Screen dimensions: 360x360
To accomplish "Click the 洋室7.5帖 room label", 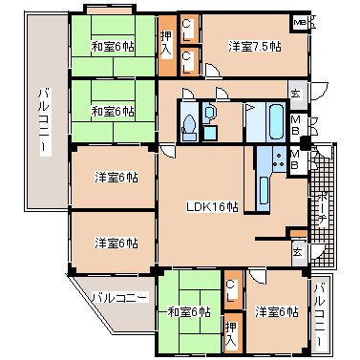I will coord(252,46).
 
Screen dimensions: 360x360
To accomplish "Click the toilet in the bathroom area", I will coord(189,124).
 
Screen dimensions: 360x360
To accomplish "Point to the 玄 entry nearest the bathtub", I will coord(295,93).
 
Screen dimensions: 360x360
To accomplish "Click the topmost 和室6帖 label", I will coord(112,46).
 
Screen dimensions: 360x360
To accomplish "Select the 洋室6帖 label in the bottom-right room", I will coord(277,311).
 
